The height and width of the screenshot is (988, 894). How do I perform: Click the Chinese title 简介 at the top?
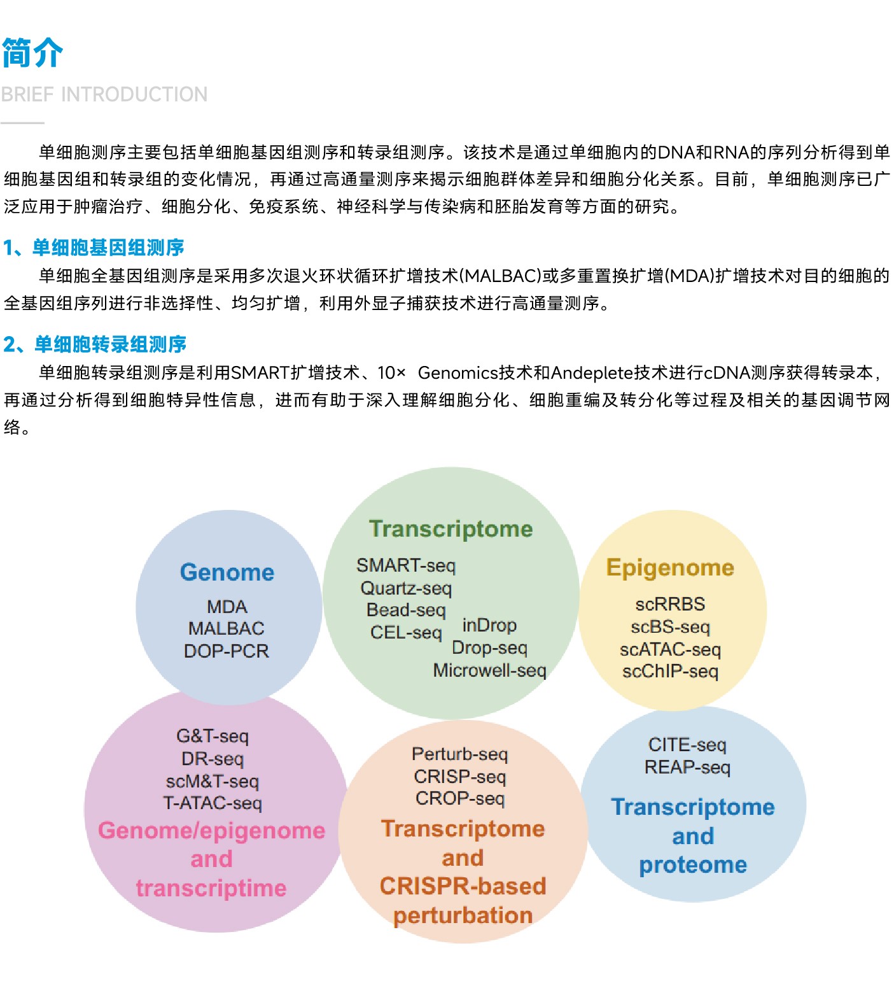32,52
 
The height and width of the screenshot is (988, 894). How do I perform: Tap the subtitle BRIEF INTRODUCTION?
104,94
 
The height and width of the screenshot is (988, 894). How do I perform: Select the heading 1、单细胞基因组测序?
94,247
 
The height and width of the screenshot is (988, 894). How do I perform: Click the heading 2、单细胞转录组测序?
95,344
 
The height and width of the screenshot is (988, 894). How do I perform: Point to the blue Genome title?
227,572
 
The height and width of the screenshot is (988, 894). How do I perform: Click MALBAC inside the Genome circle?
227,628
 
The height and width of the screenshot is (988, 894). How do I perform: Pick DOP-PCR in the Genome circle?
227,651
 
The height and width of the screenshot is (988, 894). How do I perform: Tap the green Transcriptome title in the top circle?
451,529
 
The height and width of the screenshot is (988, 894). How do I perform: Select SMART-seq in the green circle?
406,565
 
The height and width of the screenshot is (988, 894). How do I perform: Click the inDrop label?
489,625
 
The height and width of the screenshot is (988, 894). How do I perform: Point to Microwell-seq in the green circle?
490,670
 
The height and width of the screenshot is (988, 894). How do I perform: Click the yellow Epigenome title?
671,567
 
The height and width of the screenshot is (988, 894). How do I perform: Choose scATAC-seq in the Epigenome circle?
671,649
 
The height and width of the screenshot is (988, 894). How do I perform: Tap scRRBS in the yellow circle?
670,604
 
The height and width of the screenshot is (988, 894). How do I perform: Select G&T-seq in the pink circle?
213,737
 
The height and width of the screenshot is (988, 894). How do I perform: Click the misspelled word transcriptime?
211,888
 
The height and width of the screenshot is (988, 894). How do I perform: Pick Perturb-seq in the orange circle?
460,754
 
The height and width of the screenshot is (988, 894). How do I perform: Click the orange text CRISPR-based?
463,886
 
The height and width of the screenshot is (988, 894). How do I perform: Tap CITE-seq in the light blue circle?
687,745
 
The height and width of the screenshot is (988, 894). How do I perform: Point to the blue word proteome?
693,864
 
